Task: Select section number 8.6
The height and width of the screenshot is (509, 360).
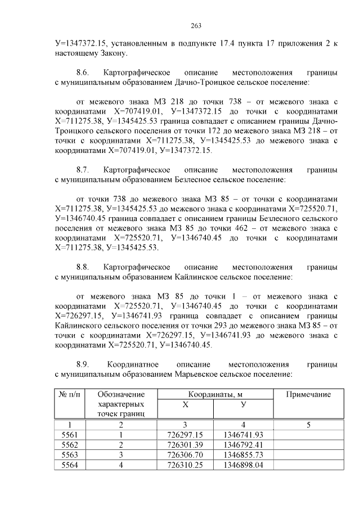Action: click(83, 73)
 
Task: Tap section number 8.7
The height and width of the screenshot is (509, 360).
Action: click(83, 170)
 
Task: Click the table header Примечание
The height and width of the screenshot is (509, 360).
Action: click(308, 395)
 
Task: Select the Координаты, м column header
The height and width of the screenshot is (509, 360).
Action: click(215, 394)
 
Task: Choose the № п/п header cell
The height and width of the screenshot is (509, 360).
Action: click(68, 395)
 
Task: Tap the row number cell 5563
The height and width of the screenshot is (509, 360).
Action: click(68, 454)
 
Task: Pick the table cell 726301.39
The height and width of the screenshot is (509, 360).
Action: click(186, 444)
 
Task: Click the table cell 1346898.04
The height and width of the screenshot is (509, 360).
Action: click(244, 465)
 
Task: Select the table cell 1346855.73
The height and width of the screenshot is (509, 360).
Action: click(244, 454)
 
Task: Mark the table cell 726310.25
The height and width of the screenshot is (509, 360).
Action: click(186, 465)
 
